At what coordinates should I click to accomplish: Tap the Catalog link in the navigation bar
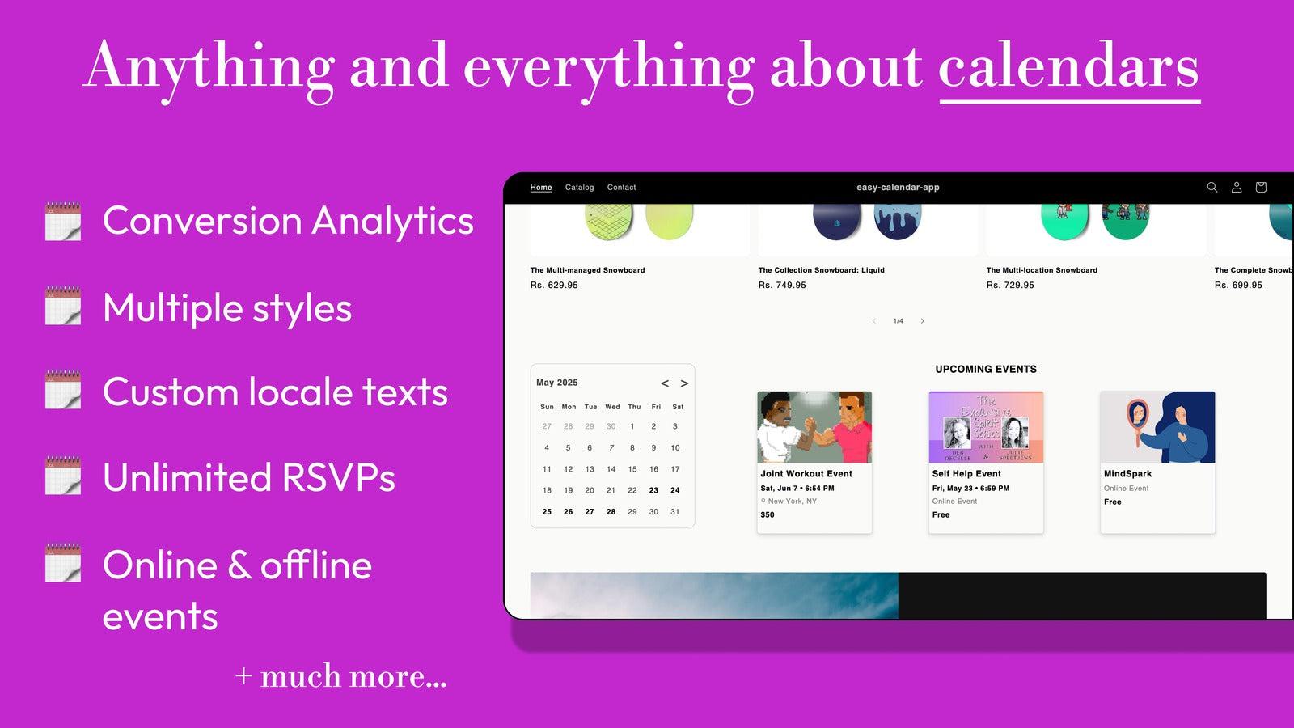tap(579, 188)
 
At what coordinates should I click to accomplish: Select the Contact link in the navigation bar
tap(621, 188)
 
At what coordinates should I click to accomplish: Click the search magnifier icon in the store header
tap(1212, 187)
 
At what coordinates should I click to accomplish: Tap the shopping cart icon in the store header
tap(1260, 187)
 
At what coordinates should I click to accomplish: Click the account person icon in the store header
tap(1236, 187)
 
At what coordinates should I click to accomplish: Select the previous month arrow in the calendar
tap(665, 383)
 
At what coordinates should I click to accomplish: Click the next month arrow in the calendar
tap(684, 383)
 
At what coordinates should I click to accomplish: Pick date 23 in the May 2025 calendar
tap(653, 490)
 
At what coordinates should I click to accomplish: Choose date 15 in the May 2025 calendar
tap(632, 469)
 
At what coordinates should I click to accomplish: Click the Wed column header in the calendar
tap(612, 407)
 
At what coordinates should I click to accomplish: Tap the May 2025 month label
tap(557, 383)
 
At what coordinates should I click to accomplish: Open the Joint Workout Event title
tap(806, 474)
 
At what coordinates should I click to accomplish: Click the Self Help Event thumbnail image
tap(986, 427)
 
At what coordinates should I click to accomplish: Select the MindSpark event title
tap(1127, 474)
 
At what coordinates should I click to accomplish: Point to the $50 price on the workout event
tap(768, 514)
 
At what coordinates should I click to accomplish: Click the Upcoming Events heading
tap(986, 369)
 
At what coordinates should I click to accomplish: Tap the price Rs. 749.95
tap(782, 285)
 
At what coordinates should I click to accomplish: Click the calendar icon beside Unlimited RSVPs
tap(63, 476)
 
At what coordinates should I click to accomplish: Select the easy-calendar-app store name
tap(898, 188)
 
